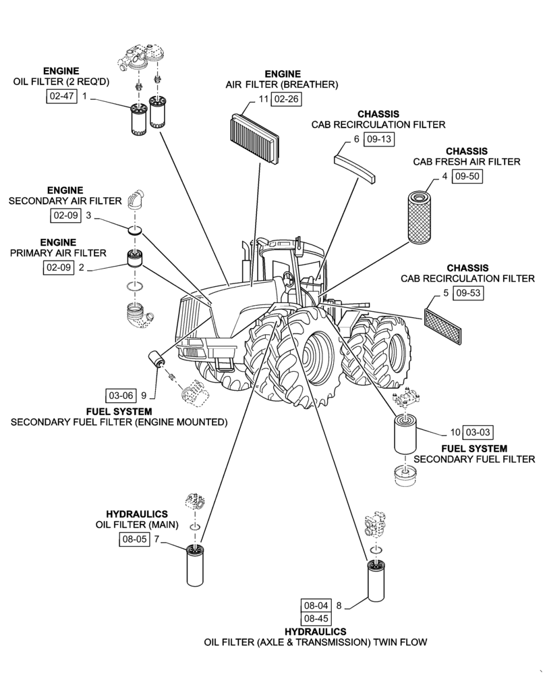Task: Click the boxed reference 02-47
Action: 59,97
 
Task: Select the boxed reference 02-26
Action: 286,99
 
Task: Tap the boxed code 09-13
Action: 378,140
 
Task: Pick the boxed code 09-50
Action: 467,176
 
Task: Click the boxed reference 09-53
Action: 467,294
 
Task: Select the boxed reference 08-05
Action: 134,539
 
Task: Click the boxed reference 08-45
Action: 316,618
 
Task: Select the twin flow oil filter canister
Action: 376,580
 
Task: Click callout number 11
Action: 263,99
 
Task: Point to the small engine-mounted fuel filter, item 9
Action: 157,359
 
